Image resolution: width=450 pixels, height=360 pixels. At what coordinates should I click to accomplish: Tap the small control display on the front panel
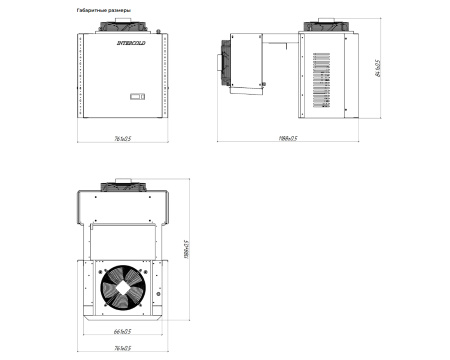tap(137, 97)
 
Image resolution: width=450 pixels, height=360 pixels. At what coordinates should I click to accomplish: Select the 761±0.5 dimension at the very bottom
tap(122, 349)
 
